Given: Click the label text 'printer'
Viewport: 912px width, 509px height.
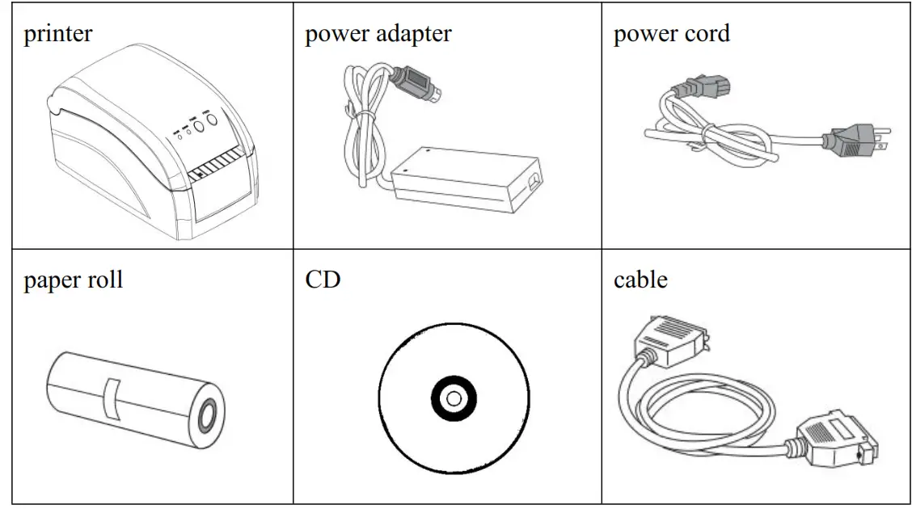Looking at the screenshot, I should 57,35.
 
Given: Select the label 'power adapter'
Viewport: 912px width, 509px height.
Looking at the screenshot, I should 378,35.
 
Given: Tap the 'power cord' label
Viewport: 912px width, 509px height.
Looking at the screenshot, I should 671,35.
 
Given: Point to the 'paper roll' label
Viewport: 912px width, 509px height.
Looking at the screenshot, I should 73,280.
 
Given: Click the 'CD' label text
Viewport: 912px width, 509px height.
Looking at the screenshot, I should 323,280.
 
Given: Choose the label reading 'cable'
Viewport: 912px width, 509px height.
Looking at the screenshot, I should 640,280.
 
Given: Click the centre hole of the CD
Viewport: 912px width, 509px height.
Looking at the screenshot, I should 454,398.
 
